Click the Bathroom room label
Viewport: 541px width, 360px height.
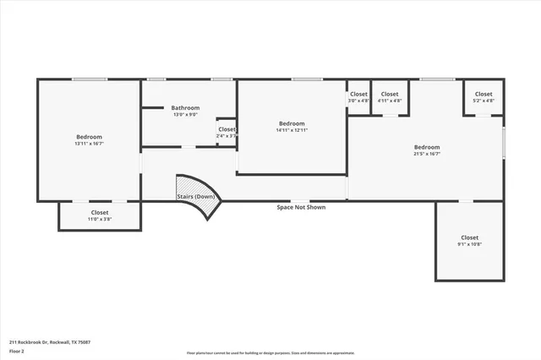pos(185,107)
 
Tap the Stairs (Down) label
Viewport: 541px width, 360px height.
pos(195,196)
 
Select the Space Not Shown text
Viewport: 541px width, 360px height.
pos(301,207)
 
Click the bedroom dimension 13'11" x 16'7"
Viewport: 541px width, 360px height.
pos(89,144)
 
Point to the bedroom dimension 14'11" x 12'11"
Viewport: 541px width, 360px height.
pos(292,130)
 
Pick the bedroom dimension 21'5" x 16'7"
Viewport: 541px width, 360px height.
pos(426,154)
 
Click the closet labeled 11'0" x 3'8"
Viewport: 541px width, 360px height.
pos(100,219)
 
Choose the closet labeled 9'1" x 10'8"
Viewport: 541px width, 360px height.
pos(469,244)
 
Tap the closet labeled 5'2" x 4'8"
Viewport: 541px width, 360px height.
pos(483,101)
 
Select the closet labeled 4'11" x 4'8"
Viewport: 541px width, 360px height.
pos(390,101)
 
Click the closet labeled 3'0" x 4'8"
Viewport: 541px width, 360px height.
pos(358,101)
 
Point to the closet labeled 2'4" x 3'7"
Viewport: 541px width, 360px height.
pos(227,135)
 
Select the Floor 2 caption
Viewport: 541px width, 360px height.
pos(17,350)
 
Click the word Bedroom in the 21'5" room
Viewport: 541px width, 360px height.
pos(426,147)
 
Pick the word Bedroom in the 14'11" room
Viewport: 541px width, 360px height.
pos(292,123)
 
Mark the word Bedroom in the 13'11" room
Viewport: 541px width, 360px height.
pos(89,137)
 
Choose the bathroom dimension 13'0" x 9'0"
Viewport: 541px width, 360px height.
pos(185,114)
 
